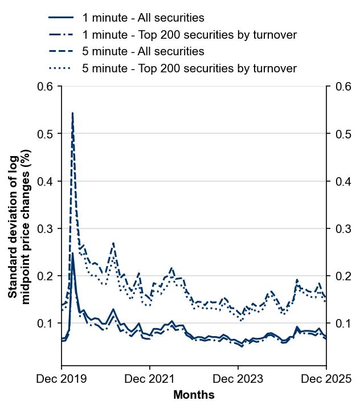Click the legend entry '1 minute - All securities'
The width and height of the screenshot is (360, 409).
pos(143,18)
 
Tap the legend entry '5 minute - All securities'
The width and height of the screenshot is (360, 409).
pos(143,52)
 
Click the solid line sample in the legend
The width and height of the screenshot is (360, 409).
pos(61,18)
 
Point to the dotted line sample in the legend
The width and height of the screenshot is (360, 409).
pos(61,69)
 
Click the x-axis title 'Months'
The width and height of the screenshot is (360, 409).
pos(194,395)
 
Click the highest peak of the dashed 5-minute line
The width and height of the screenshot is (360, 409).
pos(72,113)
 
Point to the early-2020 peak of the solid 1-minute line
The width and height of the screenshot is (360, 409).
pos(72,253)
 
